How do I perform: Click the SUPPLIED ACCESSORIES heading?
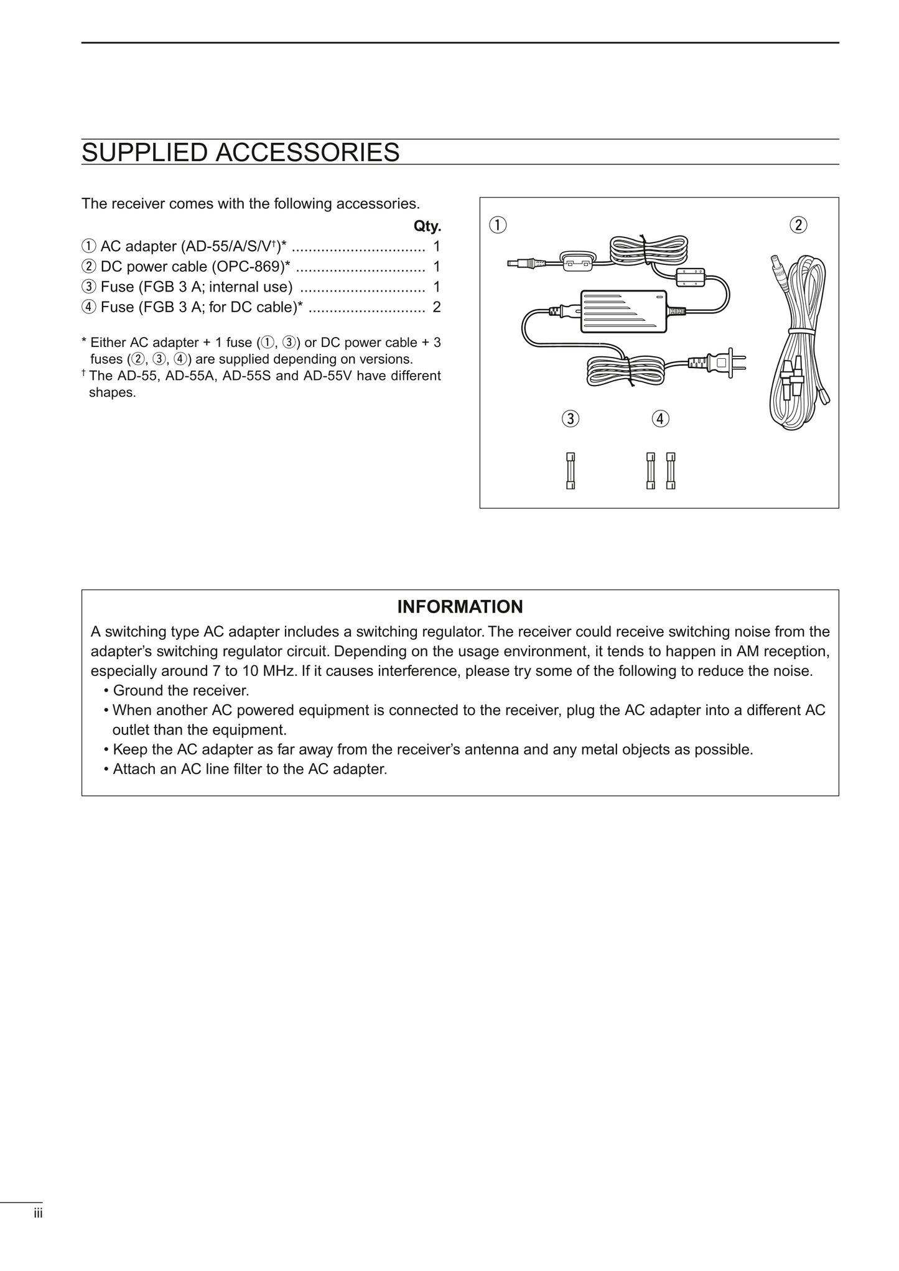coord(240,152)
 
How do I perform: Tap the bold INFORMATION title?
coord(460,606)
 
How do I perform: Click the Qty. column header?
coord(427,226)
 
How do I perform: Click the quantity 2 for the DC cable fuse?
coord(437,307)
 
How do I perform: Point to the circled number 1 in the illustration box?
coord(498,224)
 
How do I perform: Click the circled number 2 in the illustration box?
coord(798,224)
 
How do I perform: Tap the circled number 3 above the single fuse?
coord(570,418)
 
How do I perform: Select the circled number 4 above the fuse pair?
coord(660,418)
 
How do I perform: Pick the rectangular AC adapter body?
coord(623,310)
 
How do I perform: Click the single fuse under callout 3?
coord(571,471)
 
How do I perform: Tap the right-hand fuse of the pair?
coord(671,471)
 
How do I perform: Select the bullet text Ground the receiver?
coord(180,690)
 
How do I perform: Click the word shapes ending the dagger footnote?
coord(112,393)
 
